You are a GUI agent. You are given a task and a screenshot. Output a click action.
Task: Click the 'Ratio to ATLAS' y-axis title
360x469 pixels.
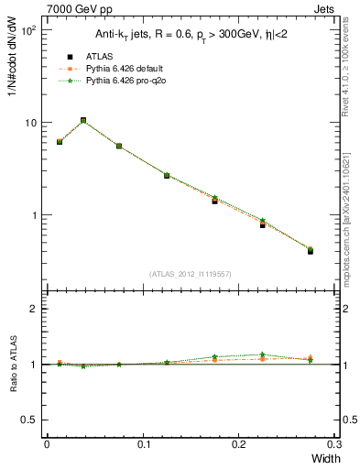(x=15, y=365)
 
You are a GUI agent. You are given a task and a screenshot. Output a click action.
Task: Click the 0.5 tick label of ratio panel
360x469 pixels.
(x=33, y=420)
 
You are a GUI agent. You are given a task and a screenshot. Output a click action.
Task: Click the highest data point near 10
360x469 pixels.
(x=83, y=120)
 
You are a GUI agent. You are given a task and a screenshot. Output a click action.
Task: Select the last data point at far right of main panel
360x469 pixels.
(x=310, y=250)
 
